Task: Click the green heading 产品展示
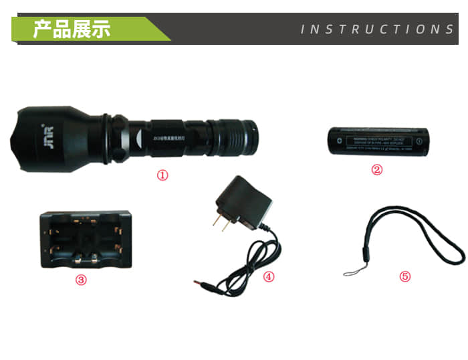(x=72, y=29)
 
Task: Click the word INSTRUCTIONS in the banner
(x=377, y=29)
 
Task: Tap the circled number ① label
(x=162, y=175)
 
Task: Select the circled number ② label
(x=377, y=169)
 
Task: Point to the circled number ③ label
(x=81, y=280)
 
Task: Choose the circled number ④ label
(x=269, y=276)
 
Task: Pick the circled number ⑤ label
(x=404, y=276)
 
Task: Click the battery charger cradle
(x=86, y=239)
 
